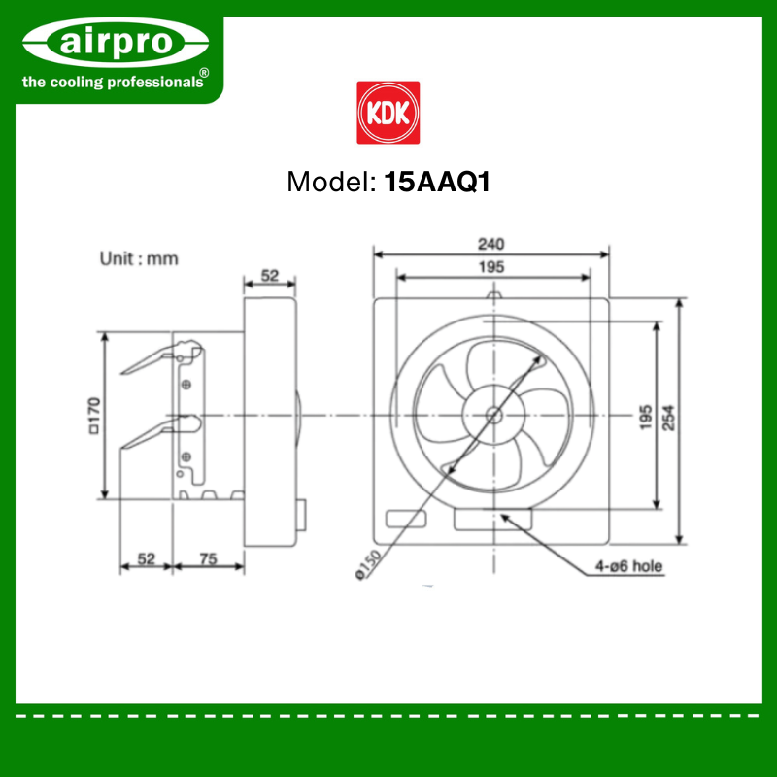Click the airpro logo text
pos(116,42)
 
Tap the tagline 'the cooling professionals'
pos(113,82)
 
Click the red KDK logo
pos(388,113)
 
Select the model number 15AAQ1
pos(437,182)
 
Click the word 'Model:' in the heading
pos(331,182)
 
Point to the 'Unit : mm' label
pos(139,258)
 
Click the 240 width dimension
pos(490,244)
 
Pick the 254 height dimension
pos(668,418)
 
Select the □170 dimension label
pos(93,416)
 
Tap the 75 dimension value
pos(208,559)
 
